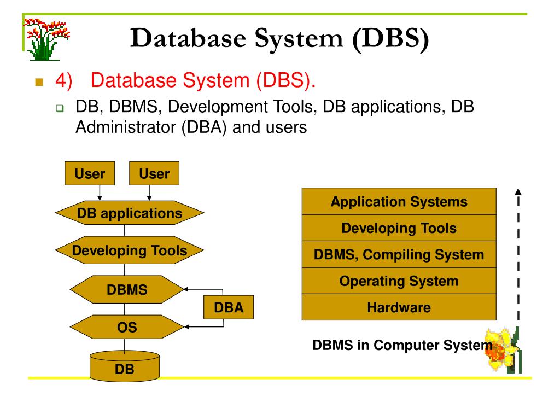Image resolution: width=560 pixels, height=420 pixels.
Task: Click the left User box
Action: point(90,174)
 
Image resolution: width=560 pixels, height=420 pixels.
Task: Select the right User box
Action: point(154,174)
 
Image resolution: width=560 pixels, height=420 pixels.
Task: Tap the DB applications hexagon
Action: point(130,213)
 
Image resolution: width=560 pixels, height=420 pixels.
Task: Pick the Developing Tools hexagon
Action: point(130,251)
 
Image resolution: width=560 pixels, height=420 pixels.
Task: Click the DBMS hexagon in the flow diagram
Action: point(127,290)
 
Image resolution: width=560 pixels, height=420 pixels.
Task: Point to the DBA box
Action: point(229,307)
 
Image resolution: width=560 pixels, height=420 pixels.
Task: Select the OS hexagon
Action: point(127,328)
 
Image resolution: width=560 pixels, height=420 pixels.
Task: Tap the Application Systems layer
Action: point(399,202)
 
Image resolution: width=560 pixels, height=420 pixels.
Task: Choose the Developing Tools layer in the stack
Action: point(399,228)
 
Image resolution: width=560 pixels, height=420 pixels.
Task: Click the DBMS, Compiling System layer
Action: point(399,254)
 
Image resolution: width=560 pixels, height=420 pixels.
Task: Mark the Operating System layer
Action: point(399,281)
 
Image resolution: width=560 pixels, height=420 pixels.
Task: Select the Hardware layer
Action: point(399,307)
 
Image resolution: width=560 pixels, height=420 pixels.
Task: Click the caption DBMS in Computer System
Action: point(402,346)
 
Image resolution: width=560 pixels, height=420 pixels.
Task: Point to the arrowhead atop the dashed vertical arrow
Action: point(518,192)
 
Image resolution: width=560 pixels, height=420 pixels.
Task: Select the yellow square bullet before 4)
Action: point(38,83)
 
